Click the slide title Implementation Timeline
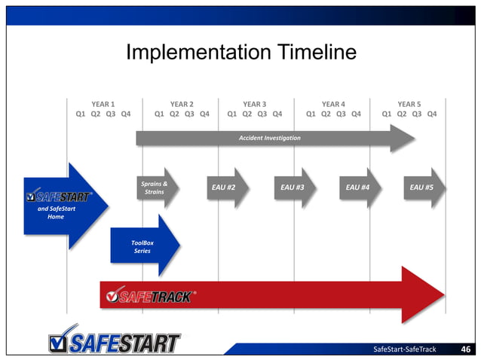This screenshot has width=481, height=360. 240,53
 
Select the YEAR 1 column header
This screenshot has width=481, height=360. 103,104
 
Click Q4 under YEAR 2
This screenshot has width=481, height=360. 204,114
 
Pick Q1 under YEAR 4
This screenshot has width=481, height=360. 311,114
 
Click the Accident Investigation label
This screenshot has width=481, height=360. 269,138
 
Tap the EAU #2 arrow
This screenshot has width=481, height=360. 225,187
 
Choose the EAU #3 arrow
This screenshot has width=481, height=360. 293,187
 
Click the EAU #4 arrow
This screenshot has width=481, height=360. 358,187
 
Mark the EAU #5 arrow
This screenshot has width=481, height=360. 422,187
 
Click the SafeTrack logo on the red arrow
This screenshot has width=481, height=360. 149,296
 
